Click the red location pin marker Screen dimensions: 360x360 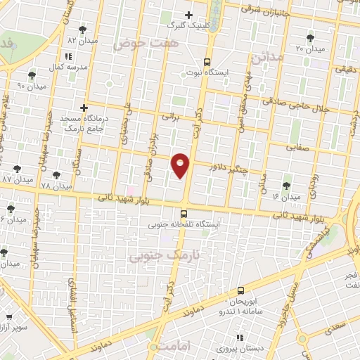(x=181, y=165)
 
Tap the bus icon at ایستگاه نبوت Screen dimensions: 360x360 (x=206, y=61)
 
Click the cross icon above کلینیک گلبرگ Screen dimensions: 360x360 (x=188, y=15)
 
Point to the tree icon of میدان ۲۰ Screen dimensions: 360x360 (x=310, y=38)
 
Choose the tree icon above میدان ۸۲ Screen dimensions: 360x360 (x=84, y=30)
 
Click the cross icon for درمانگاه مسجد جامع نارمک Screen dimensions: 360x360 (x=84, y=108)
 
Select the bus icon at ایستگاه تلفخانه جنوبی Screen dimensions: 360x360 (x=184, y=214)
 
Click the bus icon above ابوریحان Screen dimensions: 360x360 (x=240, y=290)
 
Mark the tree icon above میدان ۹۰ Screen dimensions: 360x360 (x=31, y=75)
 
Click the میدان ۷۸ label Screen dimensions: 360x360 (x=56, y=186)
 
